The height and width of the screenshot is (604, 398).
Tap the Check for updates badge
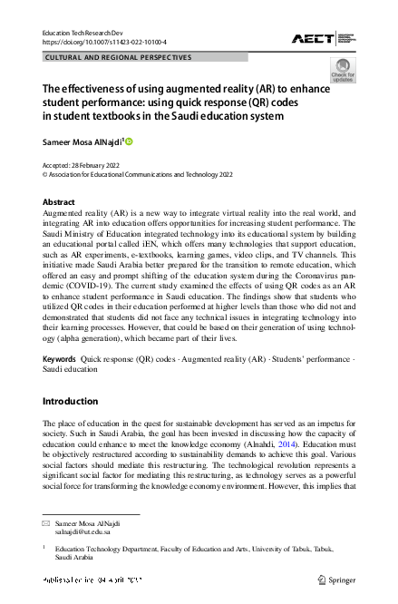click(343, 70)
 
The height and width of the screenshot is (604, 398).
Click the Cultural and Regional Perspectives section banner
click(118, 57)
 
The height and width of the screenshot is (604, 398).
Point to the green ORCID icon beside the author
click(129, 141)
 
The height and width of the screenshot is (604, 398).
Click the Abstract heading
click(60, 201)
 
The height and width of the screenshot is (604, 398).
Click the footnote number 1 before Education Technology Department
click(45, 548)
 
